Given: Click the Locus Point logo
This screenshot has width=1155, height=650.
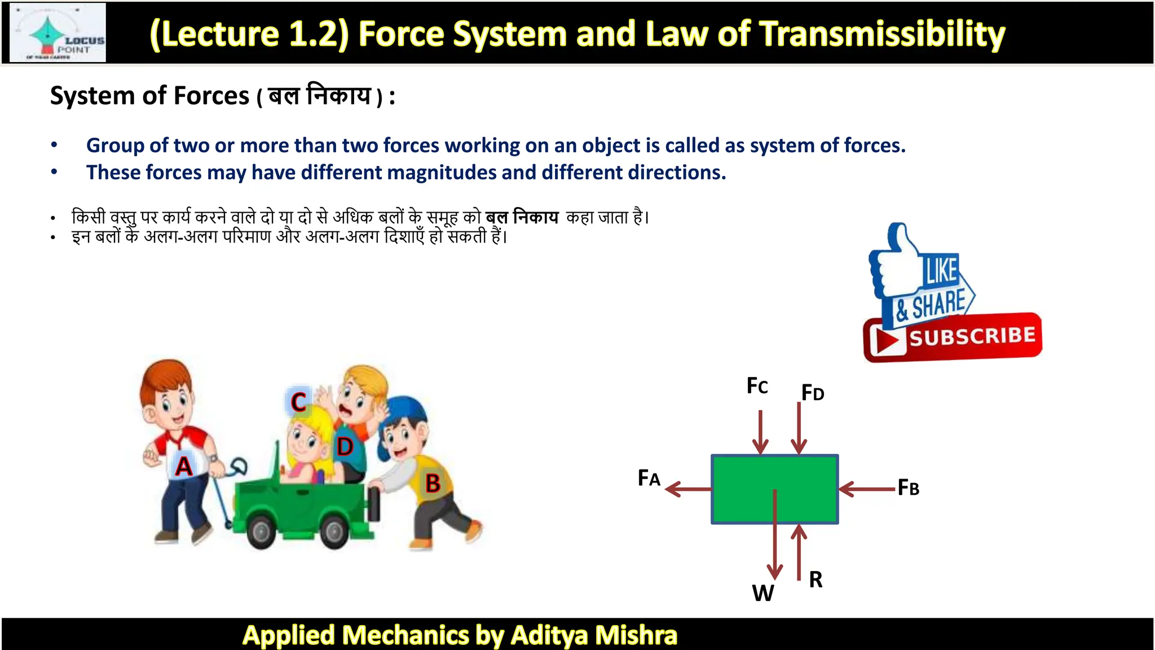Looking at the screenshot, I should click(x=58, y=33).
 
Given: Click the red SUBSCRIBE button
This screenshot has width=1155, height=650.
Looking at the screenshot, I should click(x=953, y=337).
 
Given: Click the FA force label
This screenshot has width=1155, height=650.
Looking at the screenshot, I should click(x=649, y=478).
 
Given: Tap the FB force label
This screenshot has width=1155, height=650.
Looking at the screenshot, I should click(x=908, y=487).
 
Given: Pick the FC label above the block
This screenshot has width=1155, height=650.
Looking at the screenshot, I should click(x=757, y=386).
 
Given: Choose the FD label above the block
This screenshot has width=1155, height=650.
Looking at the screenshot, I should click(x=813, y=392).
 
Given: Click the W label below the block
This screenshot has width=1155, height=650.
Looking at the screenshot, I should click(x=762, y=593).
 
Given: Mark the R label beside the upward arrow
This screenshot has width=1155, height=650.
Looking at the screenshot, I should click(x=815, y=579).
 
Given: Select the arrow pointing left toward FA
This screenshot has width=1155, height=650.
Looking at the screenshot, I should click(x=688, y=489).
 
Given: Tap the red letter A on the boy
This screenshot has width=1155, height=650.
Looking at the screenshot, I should click(x=183, y=467).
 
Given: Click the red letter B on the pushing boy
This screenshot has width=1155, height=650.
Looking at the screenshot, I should click(x=433, y=484).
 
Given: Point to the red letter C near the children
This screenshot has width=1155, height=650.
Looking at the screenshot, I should click(x=298, y=402).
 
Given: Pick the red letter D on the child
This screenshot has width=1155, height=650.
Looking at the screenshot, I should click(x=345, y=447).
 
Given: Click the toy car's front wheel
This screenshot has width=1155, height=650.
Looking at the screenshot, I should click(x=261, y=531).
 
